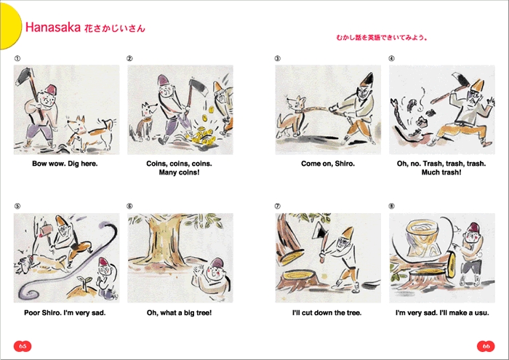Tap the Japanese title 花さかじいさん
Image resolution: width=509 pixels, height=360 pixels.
[x=114, y=28]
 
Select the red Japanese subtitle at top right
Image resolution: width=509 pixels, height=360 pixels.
[x=381, y=37]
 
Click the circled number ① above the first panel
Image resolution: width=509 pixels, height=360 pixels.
[x=17, y=59]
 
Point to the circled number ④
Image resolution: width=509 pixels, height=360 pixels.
[x=391, y=59]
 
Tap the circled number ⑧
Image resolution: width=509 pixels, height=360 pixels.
[x=391, y=207]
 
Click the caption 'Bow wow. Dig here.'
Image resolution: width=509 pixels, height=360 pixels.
[x=65, y=164]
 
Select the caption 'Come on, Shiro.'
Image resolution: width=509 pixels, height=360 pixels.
[x=328, y=164]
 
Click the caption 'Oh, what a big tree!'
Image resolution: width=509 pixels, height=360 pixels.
[x=180, y=313]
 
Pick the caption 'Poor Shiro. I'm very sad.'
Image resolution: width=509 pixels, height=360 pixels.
[x=65, y=313]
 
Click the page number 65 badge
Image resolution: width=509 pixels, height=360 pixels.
[x=23, y=345]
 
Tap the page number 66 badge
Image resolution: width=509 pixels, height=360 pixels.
[x=486, y=345]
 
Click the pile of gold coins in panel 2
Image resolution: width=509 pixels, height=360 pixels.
[x=199, y=136]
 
